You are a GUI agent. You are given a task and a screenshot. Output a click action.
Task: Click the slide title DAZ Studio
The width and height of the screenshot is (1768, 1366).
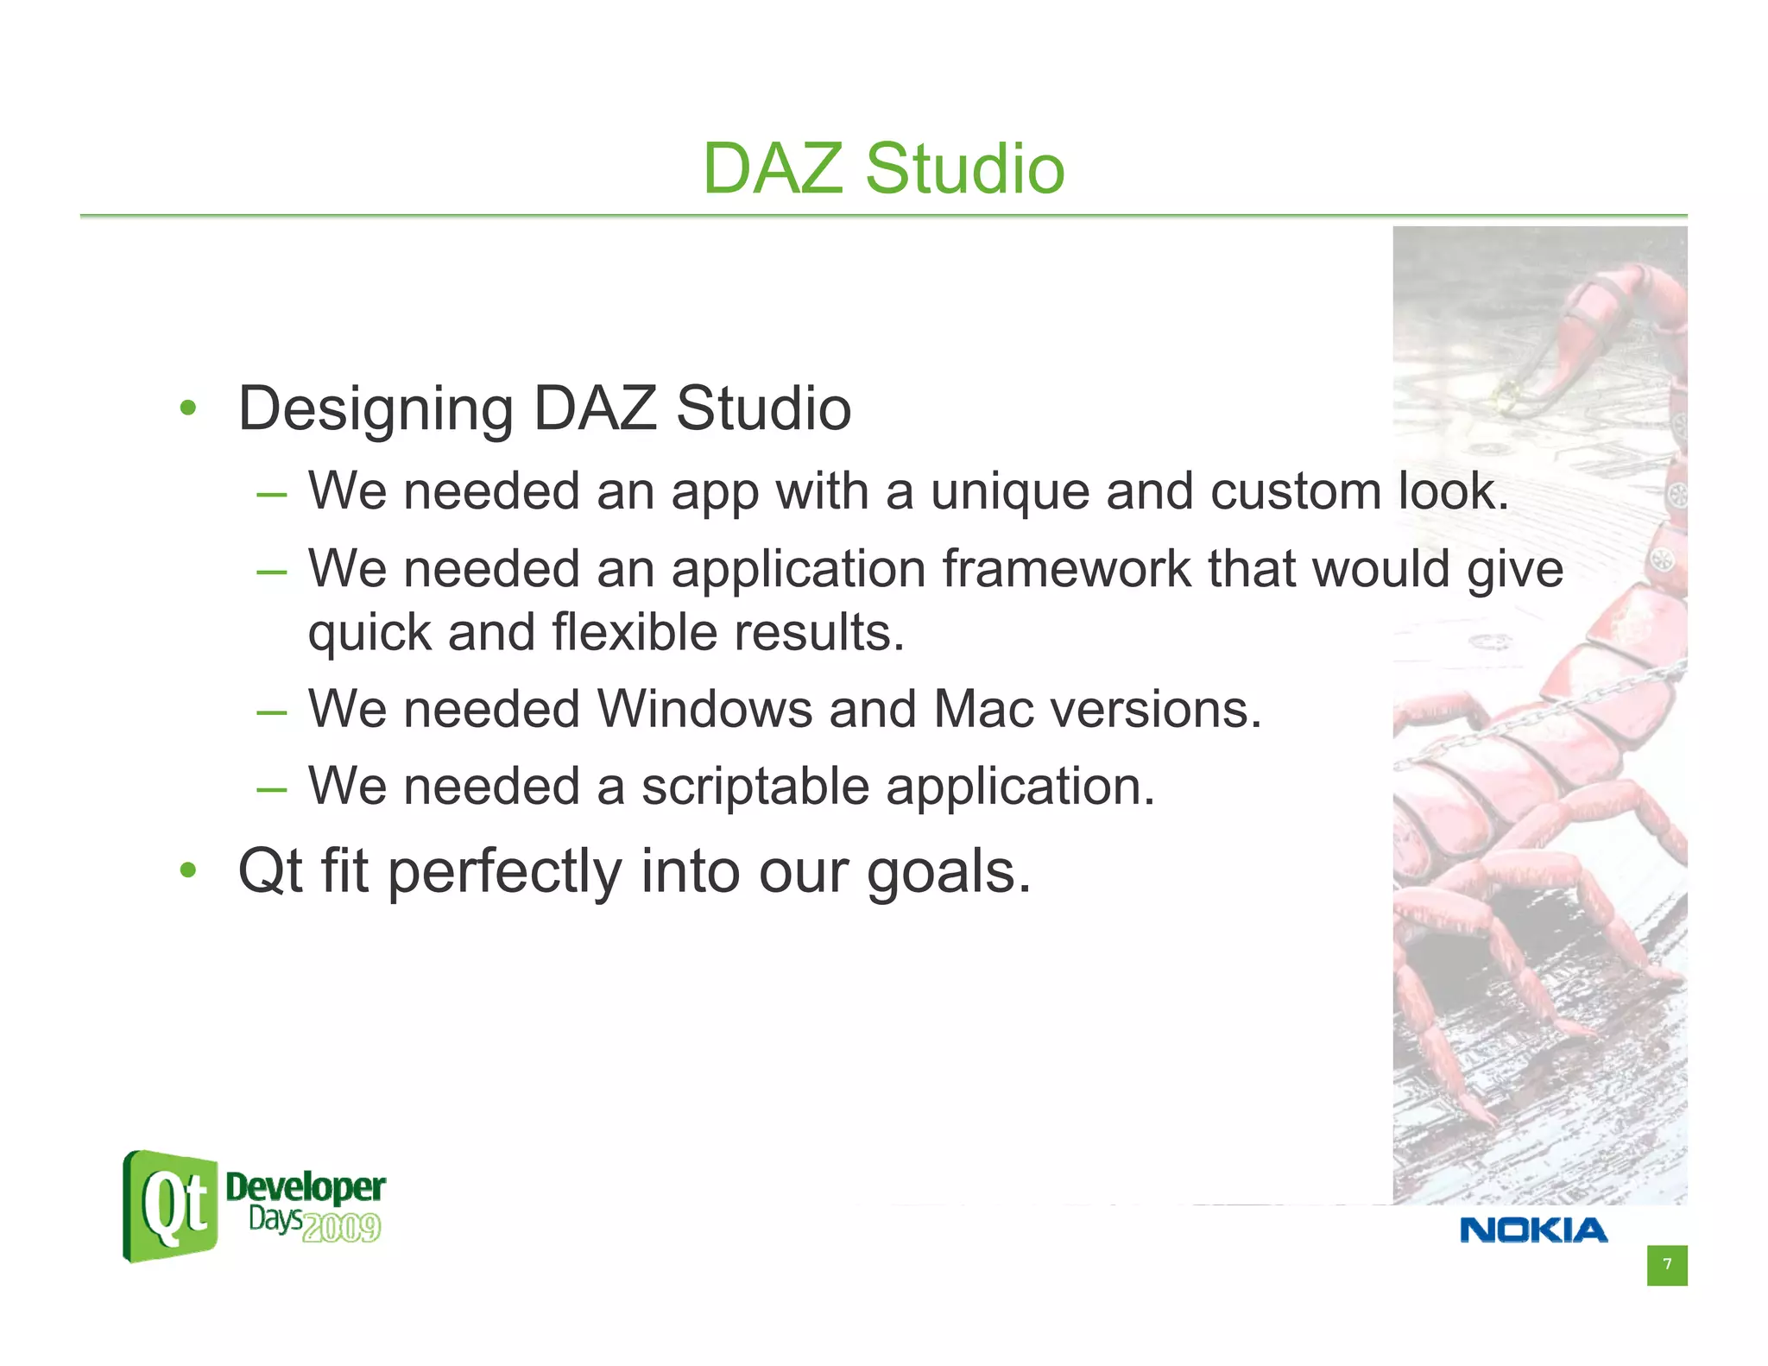point(883,168)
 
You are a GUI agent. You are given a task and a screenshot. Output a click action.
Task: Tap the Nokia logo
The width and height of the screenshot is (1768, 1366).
point(1533,1230)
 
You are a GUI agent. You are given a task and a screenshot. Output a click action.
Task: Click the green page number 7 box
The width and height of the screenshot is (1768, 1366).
point(1666,1265)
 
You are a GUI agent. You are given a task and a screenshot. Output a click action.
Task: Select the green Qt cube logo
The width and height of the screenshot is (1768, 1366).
point(171,1206)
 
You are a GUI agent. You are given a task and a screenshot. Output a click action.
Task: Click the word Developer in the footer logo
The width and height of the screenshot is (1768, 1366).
point(305,1187)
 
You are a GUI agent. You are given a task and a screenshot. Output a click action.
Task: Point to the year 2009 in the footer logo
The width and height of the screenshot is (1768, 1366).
point(342,1227)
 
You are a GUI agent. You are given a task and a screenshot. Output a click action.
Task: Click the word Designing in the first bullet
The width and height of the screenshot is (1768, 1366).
point(376,410)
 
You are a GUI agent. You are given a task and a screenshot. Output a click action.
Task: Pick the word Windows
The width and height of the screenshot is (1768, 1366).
point(704,710)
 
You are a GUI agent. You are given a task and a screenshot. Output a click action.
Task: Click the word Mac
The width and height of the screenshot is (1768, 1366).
point(983,710)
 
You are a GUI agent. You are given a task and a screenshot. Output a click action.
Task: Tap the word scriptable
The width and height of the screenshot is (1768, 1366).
point(755,787)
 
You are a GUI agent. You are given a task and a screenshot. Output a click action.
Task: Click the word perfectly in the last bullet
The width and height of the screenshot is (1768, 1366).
point(503,872)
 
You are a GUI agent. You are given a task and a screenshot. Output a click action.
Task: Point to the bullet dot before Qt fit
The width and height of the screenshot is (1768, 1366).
point(188,870)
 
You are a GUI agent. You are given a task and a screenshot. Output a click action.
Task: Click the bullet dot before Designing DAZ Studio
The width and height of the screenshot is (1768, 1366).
point(188,408)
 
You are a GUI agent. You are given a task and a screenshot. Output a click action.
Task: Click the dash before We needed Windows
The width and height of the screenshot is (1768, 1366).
point(271,713)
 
